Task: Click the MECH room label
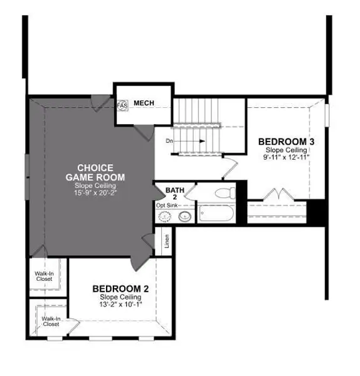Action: [x=144, y=103]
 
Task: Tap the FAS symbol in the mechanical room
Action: [x=123, y=105]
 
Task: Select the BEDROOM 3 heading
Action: [x=286, y=142]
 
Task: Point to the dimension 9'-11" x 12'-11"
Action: [x=286, y=158]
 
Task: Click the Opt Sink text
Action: [x=167, y=206]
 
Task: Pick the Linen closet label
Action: [x=167, y=241]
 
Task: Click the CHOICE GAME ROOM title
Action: [x=95, y=172]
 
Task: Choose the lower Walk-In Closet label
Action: [x=51, y=321]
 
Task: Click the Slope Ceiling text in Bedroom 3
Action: [x=286, y=150]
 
